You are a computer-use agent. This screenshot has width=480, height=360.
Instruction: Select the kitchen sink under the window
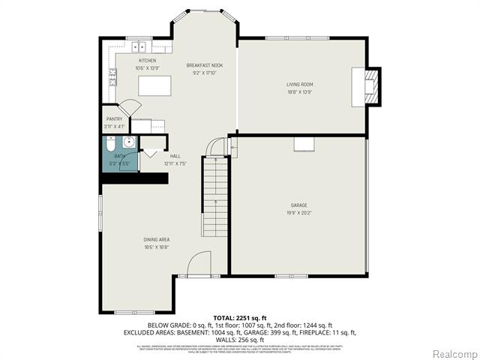pos(139,46)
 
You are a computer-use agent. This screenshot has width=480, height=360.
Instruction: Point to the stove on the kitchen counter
pos(112,76)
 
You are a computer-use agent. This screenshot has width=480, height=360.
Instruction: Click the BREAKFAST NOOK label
pos(205,65)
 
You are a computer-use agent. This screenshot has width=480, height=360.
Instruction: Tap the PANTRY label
pos(113,119)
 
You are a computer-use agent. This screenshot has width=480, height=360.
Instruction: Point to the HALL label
pos(174,156)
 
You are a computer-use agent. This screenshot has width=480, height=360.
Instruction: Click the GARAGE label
pos(299,205)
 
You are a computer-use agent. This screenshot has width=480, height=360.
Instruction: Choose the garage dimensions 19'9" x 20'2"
pos(299,212)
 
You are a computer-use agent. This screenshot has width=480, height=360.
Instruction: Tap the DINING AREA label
pos(157,239)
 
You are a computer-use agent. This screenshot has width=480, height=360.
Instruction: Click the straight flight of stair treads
pos(215,202)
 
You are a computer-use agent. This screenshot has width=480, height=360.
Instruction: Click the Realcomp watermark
pos(453,352)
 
